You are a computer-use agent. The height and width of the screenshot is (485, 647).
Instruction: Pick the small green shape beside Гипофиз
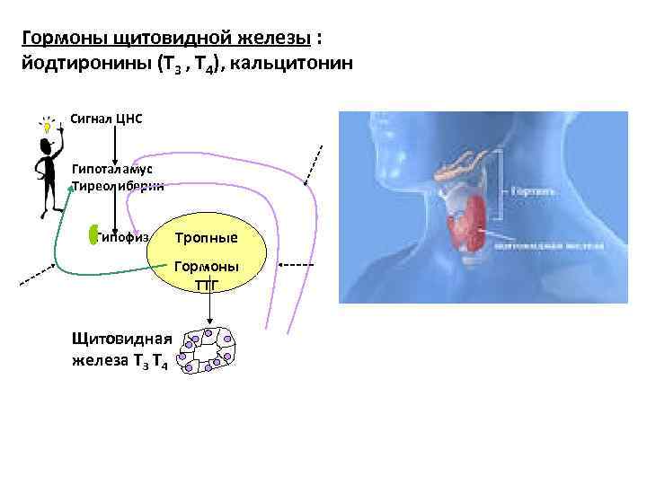94,234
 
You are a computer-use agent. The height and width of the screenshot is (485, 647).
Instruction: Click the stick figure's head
45,125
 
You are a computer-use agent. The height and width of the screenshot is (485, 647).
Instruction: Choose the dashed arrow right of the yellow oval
296,266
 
